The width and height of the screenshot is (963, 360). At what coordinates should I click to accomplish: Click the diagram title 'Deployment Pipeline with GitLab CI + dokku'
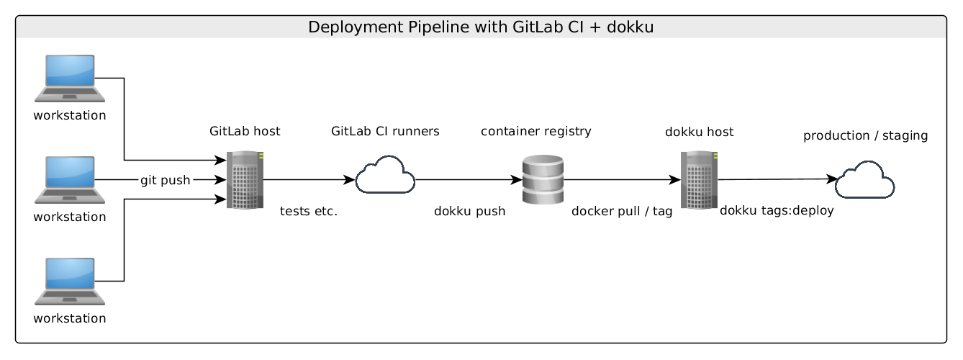point(481,27)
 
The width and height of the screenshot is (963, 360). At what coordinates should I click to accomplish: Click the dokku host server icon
point(698,180)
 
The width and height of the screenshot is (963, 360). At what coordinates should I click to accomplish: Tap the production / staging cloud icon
point(864,180)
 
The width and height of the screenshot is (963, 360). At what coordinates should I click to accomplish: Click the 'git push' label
point(165,180)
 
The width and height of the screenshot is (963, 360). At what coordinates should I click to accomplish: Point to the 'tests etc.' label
point(308,212)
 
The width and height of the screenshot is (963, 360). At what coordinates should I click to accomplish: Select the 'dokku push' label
point(469,212)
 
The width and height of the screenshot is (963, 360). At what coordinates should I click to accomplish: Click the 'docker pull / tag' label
point(622,212)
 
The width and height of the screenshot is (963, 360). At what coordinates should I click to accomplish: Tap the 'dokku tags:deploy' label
point(777,211)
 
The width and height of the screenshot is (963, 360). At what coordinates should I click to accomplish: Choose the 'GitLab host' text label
point(245,132)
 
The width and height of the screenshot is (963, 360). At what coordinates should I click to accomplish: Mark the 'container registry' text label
point(535,132)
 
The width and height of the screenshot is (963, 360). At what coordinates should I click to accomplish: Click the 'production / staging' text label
point(865,135)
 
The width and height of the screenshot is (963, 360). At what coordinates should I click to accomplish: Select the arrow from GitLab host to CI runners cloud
point(309,180)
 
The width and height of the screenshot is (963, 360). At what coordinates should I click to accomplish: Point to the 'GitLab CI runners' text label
point(385,132)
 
